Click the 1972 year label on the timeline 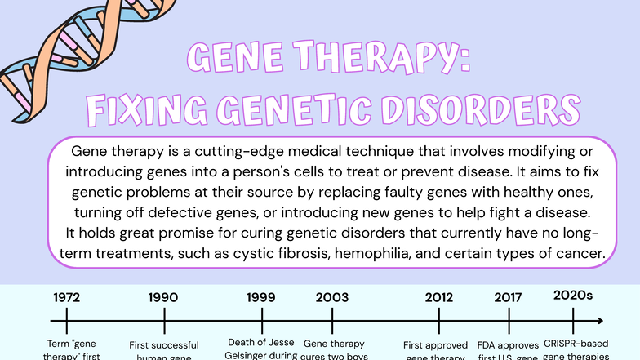(66, 297)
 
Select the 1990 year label (163, 297)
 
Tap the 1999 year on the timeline (260, 297)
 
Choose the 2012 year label (439, 297)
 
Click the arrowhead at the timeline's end (600, 321)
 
